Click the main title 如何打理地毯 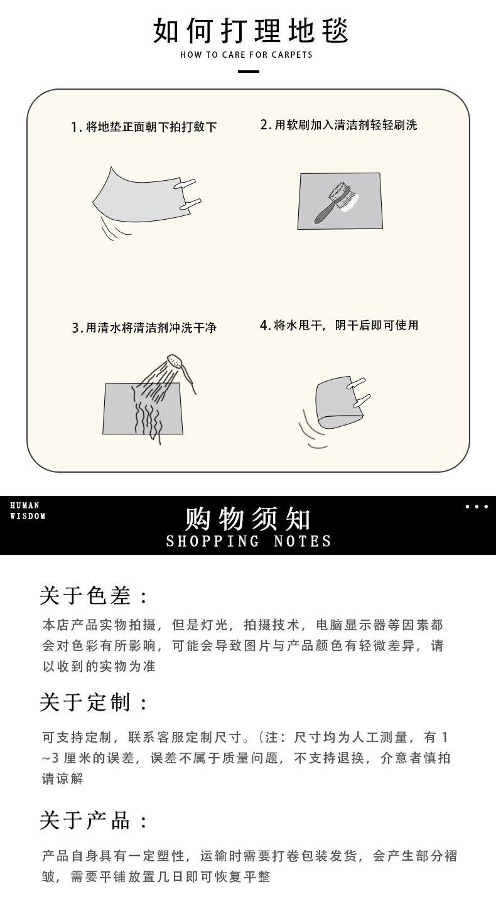point(251,31)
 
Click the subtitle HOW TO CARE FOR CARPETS point(247,55)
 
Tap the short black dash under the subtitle point(249,72)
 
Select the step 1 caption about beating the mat point(144,127)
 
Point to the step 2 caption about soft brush point(338,125)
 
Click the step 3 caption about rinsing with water point(144,328)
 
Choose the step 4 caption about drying point(339,325)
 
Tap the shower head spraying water point(176,362)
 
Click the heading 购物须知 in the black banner point(248,519)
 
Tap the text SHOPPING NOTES point(249,541)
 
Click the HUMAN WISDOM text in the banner point(28,510)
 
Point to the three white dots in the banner point(476,507)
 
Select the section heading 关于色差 point(94,596)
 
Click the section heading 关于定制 point(94,702)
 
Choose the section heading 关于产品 point(94,820)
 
